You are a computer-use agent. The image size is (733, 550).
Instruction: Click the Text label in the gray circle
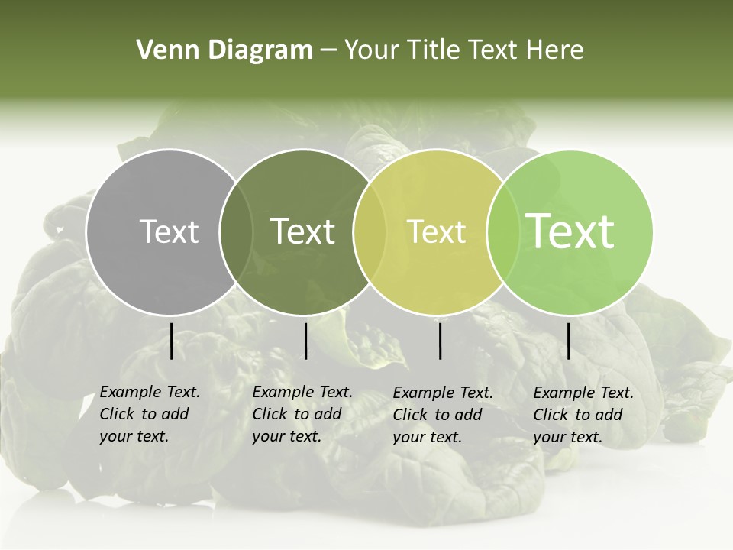pos(170,231)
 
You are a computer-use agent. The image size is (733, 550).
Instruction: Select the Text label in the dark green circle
pos(303,231)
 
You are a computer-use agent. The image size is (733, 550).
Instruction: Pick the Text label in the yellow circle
pos(436,231)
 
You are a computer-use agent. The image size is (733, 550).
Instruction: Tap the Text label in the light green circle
pos(570,231)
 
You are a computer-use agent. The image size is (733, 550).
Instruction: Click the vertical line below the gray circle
pos(171,341)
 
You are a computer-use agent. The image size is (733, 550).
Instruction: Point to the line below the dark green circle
pos(305,341)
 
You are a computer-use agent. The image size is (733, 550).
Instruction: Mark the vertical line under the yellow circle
pos(441,341)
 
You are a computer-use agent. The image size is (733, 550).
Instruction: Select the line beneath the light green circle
pos(569,341)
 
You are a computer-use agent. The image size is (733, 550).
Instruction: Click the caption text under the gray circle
pos(149,414)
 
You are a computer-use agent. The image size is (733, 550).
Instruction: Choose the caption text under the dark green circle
pos(302,414)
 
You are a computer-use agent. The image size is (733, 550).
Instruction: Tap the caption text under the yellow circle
pos(442,415)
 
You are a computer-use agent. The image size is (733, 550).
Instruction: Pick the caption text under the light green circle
pos(583,415)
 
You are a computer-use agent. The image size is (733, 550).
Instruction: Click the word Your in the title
pos(370,50)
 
